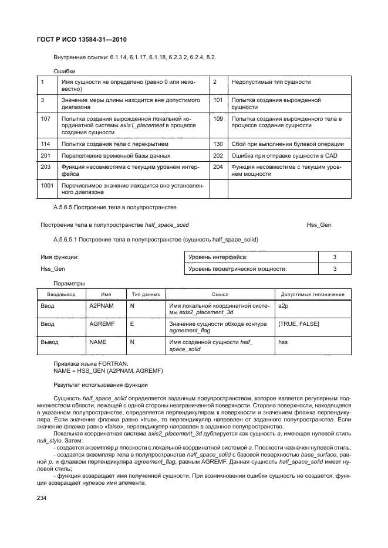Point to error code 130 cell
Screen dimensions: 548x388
pos(218,144)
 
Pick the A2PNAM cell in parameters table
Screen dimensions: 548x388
pos(97,306)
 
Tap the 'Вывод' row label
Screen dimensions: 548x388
pos(49,341)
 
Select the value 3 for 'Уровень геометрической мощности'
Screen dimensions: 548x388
pos(335,269)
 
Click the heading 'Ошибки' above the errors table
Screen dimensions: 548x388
pos(64,70)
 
